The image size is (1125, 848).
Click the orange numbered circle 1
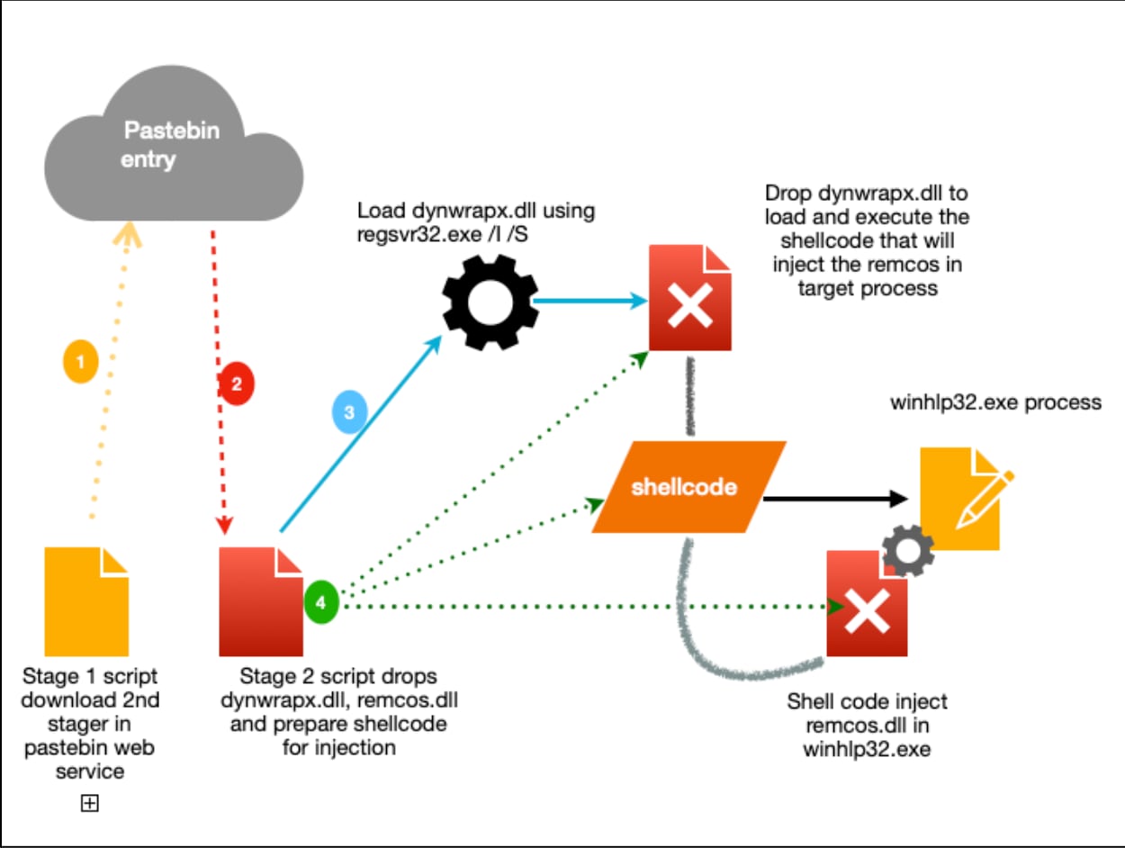[80, 362]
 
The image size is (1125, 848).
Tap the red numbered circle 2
[236, 383]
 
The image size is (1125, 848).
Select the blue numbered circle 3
[349, 412]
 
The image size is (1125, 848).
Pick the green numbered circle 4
[320, 602]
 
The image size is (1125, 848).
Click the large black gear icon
[490, 302]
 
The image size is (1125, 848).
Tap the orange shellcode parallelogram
[688, 486]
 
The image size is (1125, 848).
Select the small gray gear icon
[908, 551]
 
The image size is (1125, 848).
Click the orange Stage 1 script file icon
[86, 601]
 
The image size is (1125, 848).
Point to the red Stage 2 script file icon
[261, 601]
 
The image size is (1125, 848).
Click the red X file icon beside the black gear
[690, 298]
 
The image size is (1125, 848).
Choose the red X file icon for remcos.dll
[867, 603]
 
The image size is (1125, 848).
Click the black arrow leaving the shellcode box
[836, 499]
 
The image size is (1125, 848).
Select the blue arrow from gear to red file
[590, 301]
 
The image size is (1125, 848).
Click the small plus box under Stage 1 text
[90, 803]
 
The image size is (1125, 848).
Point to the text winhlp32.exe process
[995, 402]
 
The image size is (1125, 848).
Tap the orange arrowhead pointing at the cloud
[128, 235]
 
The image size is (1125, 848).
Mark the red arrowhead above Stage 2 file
[224, 526]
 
